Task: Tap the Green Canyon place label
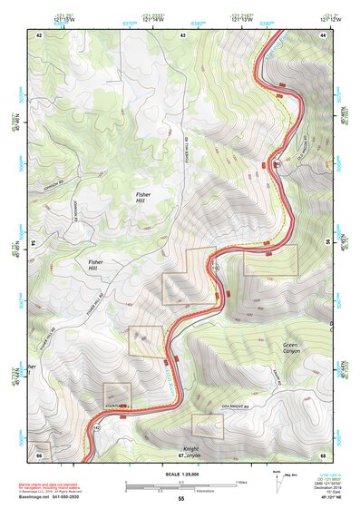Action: tap(290, 349)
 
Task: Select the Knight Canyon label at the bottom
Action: tap(188, 451)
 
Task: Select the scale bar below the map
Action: tap(181, 482)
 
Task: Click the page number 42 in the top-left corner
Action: tap(39, 34)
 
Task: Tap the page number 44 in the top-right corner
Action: tap(323, 34)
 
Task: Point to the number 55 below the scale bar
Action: tap(181, 498)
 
